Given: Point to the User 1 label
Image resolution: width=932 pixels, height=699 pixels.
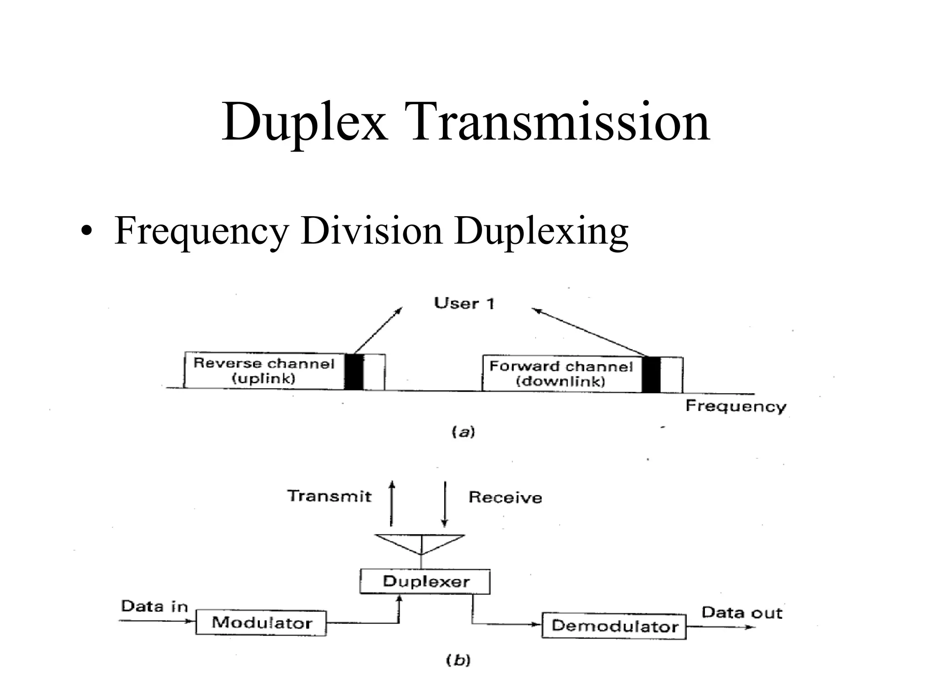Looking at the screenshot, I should pyautogui.click(x=464, y=303).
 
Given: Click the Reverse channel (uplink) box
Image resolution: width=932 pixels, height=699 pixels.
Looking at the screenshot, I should pyautogui.click(x=264, y=370).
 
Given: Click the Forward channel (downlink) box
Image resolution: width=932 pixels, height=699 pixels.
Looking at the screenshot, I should pyautogui.click(x=561, y=374).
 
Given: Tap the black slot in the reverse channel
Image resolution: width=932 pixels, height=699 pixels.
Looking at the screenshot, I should pyautogui.click(x=354, y=372).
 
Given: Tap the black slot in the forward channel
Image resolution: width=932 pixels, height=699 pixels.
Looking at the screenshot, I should pyautogui.click(x=651, y=375).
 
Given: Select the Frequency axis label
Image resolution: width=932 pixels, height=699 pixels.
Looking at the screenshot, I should pyautogui.click(x=735, y=405).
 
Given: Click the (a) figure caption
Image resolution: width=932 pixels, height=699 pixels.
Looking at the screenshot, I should pyautogui.click(x=463, y=431).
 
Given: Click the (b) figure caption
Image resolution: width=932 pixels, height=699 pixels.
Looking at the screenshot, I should pyautogui.click(x=458, y=660).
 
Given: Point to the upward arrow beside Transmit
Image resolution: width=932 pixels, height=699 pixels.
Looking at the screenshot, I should pyautogui.click(x=391, y=504).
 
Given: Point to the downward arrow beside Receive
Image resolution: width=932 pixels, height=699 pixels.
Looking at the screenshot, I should pyautogui.click(x=445, y=504).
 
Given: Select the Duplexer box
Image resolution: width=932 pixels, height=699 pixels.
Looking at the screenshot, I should pyautogui.click(x=425, y=582).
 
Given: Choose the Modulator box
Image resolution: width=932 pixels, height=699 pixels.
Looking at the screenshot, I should pyautogui.click(x=261, y=623).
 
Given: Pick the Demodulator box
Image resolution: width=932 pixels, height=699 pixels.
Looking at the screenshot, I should pyautogui.click(x=614, y=626).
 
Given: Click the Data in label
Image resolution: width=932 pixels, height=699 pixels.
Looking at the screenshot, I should pyautogui.click(x=154, y=606).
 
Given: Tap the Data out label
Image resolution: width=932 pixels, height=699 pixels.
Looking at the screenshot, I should pyautogui.click(x=741, y=613).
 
